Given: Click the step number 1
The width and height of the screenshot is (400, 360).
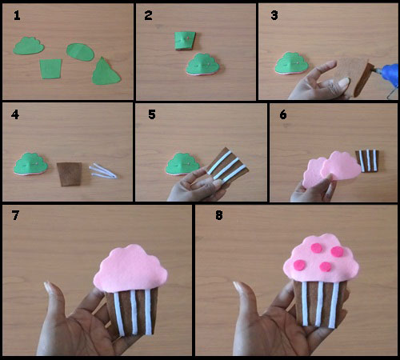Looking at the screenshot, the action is (x=17, y=15).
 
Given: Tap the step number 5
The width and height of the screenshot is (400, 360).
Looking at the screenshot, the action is (x=152, y=114).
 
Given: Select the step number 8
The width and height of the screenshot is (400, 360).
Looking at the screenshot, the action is (x=219, y=215).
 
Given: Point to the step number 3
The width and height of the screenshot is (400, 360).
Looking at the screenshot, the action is (x=274, y=15).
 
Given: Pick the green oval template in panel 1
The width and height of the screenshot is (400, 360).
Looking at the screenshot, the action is (x=80, y=52).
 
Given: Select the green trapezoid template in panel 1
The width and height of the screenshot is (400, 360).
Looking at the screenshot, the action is (x=50, y=69).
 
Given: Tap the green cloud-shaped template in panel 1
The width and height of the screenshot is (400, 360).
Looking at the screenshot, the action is (x=29, y=46).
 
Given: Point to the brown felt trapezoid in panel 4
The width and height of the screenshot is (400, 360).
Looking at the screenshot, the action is (x=70, y=174).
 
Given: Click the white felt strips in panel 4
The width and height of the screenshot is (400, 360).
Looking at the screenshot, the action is (x=102, y=171).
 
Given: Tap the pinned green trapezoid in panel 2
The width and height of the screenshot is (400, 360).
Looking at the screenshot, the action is (x=185, y=41).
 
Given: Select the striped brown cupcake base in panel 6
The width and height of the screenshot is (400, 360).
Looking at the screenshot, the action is (x=367, y=160).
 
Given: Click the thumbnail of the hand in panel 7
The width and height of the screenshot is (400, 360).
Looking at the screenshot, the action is (x=48, y=287).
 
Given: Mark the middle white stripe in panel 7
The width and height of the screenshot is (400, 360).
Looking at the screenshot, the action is (x=134, y=312).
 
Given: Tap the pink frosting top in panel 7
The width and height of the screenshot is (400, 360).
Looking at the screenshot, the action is (x=130, y=268).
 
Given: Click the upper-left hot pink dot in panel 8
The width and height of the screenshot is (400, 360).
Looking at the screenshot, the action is (x=317, y=248).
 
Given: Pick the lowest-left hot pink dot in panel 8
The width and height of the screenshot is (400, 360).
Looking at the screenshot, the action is (x=299, y=265).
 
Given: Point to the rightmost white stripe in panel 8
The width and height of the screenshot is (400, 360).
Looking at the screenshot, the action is (x=334, y=305).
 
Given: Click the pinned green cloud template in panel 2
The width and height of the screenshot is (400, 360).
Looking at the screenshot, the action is (x=202, y=64).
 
